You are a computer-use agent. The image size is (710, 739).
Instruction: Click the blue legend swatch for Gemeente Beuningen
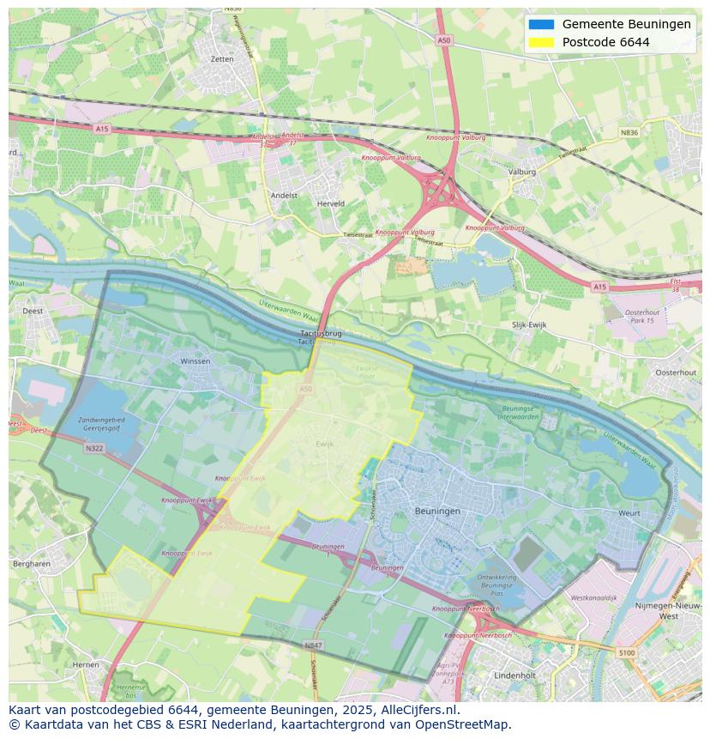541,24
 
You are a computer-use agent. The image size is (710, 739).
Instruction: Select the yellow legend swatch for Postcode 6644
541,42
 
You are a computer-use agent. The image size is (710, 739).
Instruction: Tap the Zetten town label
221,59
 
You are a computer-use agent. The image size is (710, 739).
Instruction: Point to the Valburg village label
521,172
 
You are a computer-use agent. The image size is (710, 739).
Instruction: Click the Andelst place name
284,195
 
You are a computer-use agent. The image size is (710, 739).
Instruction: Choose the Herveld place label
330,203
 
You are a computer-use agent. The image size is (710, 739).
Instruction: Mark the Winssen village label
195,361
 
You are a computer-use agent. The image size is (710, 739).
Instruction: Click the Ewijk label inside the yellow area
324,444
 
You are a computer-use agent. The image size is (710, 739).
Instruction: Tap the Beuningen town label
437,511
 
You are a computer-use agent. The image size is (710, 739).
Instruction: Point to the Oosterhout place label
676,373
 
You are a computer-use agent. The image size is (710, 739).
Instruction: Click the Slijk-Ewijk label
529,324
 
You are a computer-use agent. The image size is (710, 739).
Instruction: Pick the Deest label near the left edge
33,311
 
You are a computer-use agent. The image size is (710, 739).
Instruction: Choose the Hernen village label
86,664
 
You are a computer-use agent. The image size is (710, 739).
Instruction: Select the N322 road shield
94,448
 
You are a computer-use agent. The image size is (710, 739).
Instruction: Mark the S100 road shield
628,653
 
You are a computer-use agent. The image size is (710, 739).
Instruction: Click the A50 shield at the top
442,39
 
